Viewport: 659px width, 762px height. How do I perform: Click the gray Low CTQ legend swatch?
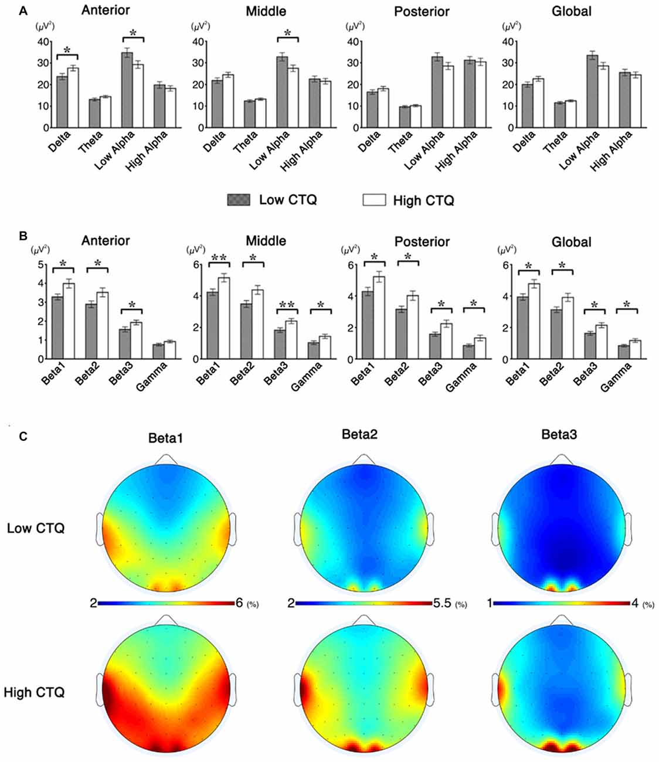click(x=238, y=200)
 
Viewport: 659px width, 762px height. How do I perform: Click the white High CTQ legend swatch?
click(x=374, y=200)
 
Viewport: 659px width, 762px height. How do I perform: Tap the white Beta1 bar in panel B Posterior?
click(x=381, y=317)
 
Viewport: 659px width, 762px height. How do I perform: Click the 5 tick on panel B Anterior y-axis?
click(x=42, y=264)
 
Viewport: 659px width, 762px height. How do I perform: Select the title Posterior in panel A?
click(x=422, y=11)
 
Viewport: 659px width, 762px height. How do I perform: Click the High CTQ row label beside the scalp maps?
click(x=33, y=692)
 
